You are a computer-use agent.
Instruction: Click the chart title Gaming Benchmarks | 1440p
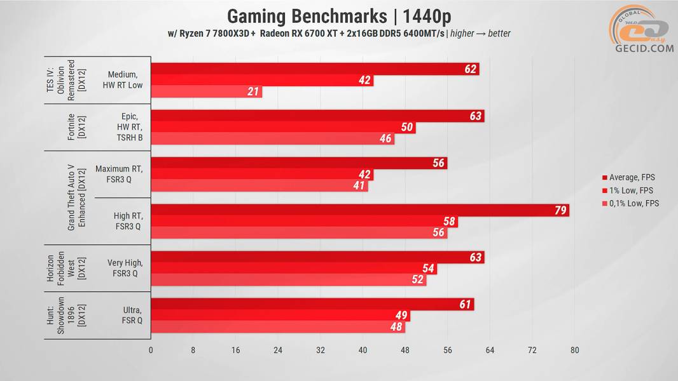pyautogui.click(x=339, y=16)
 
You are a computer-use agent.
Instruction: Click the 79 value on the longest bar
pyautogui.click(x=560, y=210)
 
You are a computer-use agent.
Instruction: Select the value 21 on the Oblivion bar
pyautogui.click(x=254, y=92)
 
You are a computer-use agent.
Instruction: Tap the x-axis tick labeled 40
pyautogui.click(x=363, y=351)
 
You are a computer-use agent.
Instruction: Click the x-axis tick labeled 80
pyautogui.click(x=574, y=351)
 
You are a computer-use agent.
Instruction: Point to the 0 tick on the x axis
pyautogui.click(x=151, y=351)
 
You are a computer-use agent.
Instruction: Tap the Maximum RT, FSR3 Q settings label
pyautogui.click(x=119, y=174)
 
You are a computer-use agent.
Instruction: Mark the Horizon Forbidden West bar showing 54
pyautogui.click(x=293, y=269)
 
